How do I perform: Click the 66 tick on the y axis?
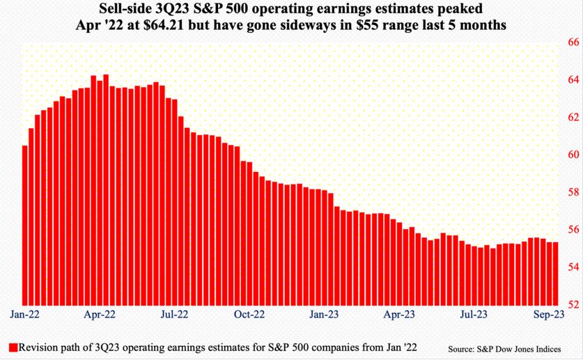(x=574, y=42)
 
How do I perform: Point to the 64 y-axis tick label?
(x=574, y=79)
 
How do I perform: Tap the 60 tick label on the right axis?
(x=574, y=154)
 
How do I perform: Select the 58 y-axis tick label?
(x=574, y=192)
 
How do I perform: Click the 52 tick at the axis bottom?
(x=574, y=304)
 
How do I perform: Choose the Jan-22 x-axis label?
(x=24, y=314)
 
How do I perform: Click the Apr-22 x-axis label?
(x=100, y=314)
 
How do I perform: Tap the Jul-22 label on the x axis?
(x=174, y=314)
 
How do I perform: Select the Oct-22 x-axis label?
(x=249, y=314)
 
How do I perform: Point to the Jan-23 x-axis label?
(x=324, y=314)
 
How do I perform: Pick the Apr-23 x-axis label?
(x=399, y=314)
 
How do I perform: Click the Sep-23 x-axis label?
(x=549, y=314)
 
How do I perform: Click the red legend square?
(x=13, y=347)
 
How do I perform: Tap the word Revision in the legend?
(x=37, y=347)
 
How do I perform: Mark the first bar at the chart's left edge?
(x=25, y=226)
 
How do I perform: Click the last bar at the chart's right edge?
(x=555, y=274)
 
